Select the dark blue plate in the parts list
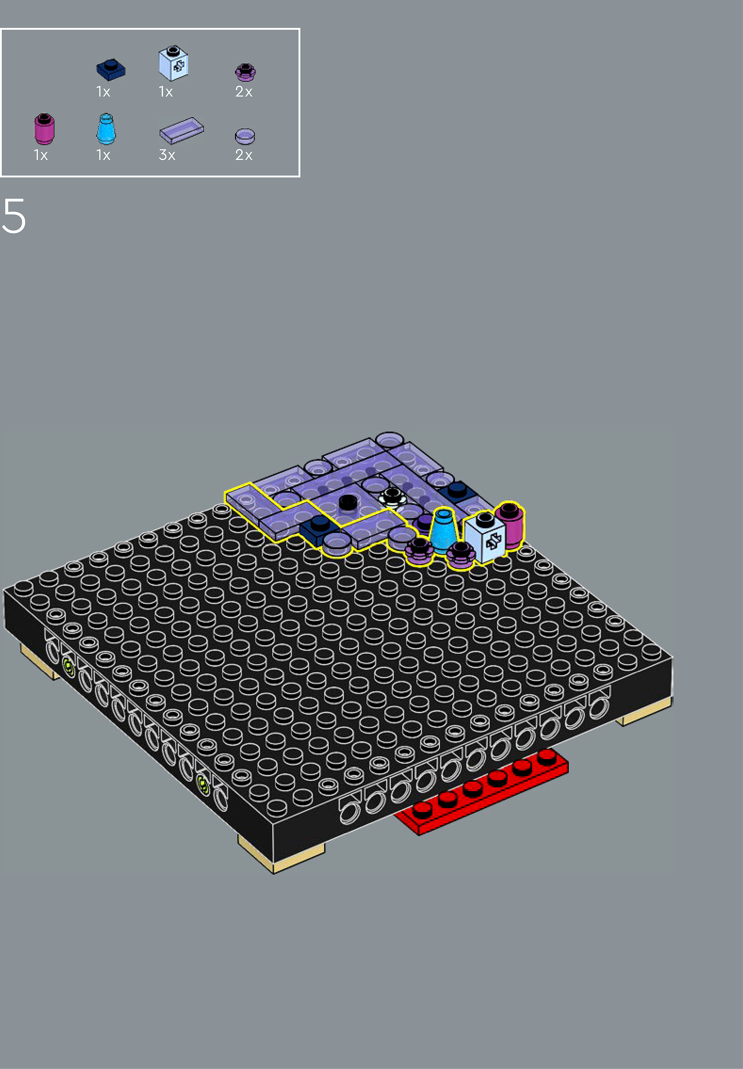coord(111,69)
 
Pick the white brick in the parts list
coord(173,63)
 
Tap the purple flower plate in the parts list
coord(245,72)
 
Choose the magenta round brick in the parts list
coord(44,129)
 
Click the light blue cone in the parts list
coord(106,129)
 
